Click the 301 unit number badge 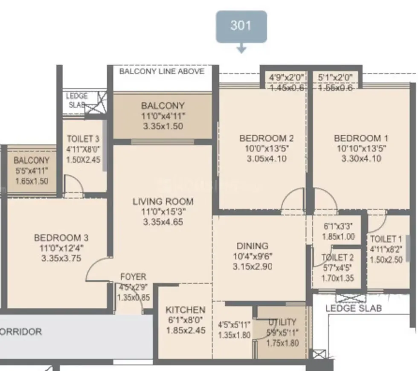[x=241, y=26]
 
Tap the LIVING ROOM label [x=163, y=201]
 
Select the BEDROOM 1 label [x=361, y=138]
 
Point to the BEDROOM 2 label [x=266, y=138]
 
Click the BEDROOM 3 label [x=61, y=238]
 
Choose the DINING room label [x=253, y=246]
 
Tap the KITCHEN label [x=185, y=310]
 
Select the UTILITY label [x=282, y=322]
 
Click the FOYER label [x=133, y=277]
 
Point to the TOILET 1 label [x=386, y=239]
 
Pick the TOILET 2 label [x=337, y=258]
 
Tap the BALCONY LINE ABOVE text [x=162, y=71]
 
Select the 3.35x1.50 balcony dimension [x=163, y=126]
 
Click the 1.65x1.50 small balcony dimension [x=31, y=181]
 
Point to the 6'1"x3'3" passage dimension [x=339, y=226]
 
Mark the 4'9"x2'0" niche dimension [x=286, y=78]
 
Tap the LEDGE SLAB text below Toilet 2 [x=354, y=308]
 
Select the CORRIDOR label [x=21, y=332]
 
